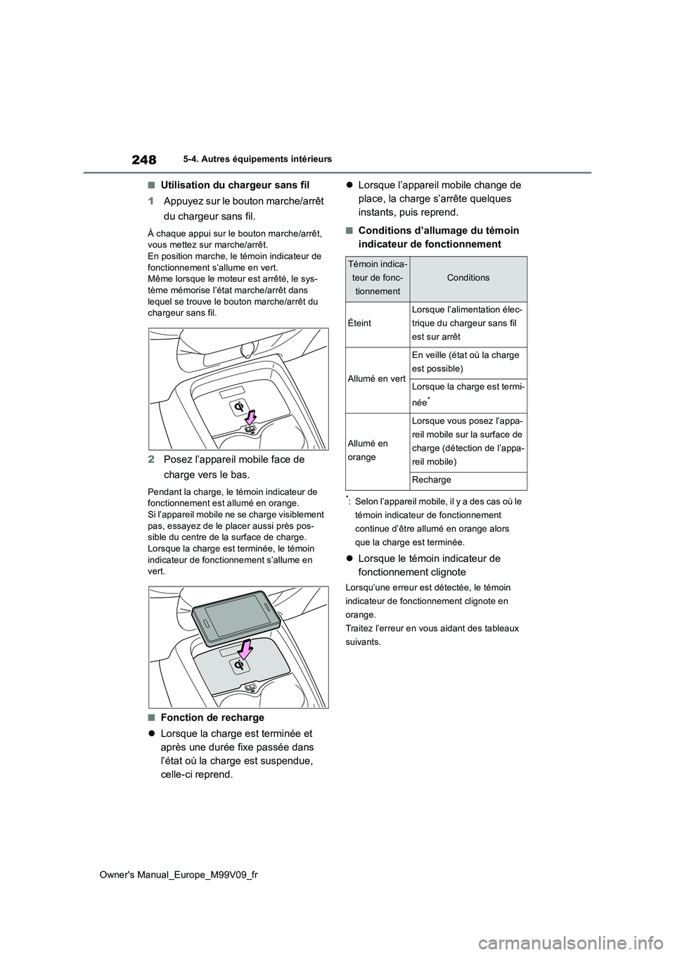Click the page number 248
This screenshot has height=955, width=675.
(143, 160)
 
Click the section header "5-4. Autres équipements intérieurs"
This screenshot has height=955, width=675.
(262, 160)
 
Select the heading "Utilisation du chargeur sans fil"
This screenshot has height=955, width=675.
(235, 185)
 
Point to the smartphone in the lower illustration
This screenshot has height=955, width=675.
(235, 617)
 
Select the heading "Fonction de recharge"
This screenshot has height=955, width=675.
(212, 717)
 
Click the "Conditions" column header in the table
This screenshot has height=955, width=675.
(468, 278)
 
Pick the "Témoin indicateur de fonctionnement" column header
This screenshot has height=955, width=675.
(379, 278)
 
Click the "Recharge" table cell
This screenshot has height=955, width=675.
(432, 480)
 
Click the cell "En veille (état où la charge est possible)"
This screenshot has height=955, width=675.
(465, 361)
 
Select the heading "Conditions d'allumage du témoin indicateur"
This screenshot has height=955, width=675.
(439, 237)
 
